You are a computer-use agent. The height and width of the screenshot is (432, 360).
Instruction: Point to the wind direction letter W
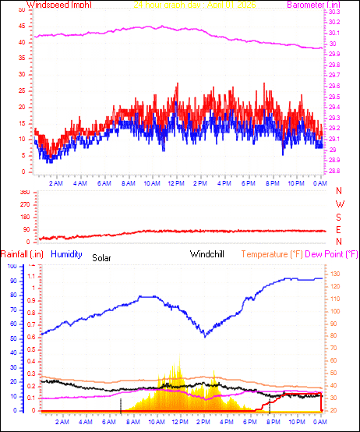coord(339,204)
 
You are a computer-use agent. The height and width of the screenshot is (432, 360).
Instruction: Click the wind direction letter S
coord(339,217)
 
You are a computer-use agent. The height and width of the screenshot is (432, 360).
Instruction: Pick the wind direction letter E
coord(339,229)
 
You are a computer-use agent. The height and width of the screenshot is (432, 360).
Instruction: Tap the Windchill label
coord(209,254)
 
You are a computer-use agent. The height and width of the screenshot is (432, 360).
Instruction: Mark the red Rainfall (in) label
coord(21,254)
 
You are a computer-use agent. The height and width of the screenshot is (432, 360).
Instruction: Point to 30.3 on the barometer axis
coord(334,12)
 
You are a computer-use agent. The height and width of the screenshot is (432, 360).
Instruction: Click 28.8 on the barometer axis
coord(334,171)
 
